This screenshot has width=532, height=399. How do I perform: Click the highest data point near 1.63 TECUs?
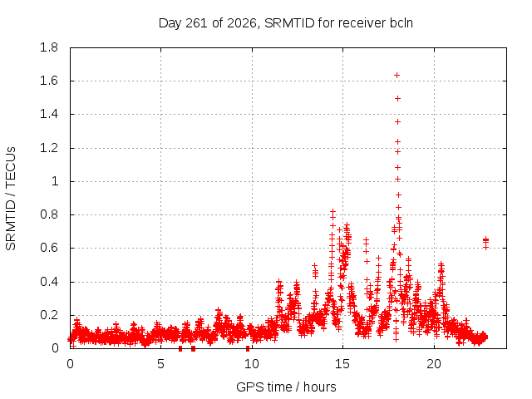[397, 76]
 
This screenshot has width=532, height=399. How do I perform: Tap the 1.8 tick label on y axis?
[49, 47]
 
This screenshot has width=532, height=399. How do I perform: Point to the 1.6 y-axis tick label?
[49, 81]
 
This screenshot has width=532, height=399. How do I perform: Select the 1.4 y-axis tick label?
[49, 115]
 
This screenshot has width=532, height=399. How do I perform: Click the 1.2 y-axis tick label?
[49, 148]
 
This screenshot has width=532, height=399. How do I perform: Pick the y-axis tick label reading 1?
[55, 181]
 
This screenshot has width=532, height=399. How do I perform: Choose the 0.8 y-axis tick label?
[49, 214]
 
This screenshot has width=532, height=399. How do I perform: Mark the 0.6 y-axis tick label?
[49, 248]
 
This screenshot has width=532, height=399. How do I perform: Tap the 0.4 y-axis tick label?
[49, 282]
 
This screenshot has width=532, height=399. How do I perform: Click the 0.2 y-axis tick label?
[49, 315]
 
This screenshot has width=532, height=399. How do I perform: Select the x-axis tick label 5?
[160, 364]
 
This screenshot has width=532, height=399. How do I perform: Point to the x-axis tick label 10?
[251, 364]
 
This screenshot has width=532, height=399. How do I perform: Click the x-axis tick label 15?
[342, 364]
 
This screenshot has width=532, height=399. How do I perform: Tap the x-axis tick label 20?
[434, 364]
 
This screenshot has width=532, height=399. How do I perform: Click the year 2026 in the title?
[242, 23]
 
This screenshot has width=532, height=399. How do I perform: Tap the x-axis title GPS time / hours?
[286, 387]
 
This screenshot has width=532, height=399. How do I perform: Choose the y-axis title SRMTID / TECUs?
[11, 199]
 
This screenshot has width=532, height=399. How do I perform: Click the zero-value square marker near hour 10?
[248, 348]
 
